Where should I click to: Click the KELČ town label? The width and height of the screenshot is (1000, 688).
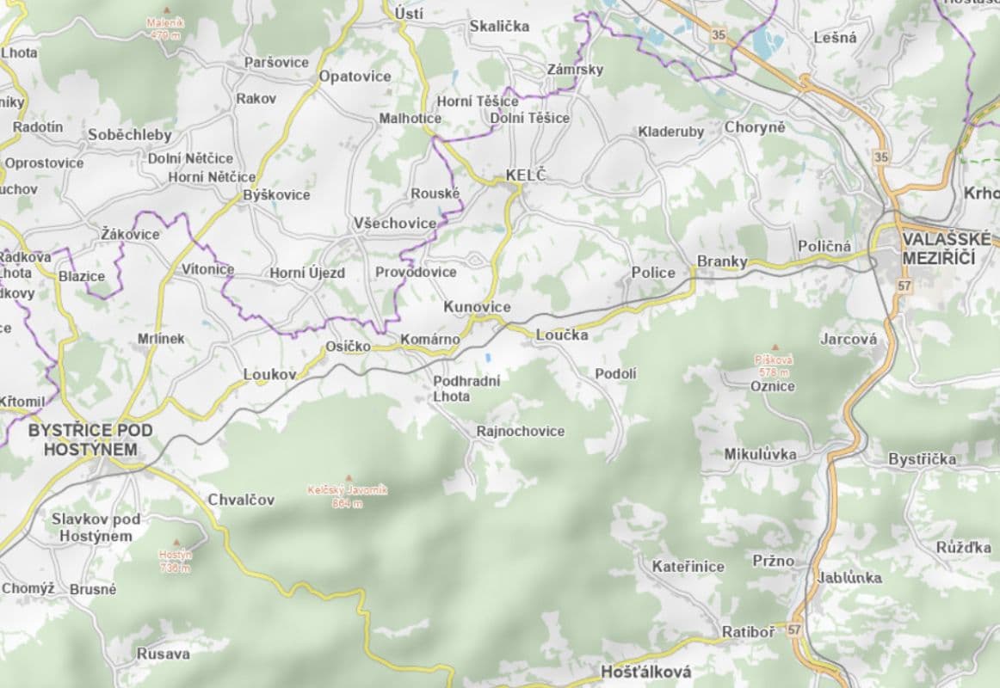coord(525,175)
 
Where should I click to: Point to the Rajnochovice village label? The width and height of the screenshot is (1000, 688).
coord(521,431)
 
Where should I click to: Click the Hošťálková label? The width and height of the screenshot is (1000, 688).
coord(645,672)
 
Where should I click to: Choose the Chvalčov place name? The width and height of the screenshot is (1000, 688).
coord(240,500)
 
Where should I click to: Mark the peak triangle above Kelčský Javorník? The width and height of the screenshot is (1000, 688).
coord(349,478)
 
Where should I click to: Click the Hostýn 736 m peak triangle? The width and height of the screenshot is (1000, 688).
coord(176,543)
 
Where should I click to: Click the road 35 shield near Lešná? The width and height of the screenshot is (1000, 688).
coord(718,35)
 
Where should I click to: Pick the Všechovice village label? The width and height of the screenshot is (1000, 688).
coord(395,223)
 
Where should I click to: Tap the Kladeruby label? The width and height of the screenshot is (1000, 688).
coord(670,132)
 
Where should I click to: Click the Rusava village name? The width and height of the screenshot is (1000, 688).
coord(163,654)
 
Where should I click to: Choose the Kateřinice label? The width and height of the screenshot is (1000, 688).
coord(688,566)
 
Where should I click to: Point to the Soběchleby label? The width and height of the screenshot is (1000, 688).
coord(130,135)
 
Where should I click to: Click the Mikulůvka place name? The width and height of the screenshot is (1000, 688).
coord(760,453)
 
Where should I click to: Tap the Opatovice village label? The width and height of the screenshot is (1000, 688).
coord(355,76)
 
